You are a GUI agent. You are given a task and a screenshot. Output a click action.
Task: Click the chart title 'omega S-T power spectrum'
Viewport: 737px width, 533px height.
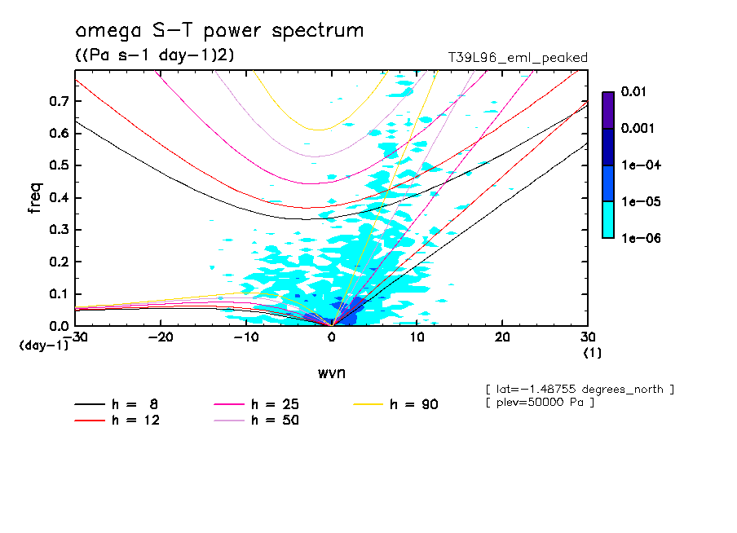218,31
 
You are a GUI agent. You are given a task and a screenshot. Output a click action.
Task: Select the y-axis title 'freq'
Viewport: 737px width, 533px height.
34,198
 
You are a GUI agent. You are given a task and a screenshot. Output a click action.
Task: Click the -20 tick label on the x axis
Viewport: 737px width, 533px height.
161,337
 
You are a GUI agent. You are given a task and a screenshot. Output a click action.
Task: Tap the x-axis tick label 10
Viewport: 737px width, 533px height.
417,337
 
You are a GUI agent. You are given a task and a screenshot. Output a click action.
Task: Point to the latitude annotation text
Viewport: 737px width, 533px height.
579,389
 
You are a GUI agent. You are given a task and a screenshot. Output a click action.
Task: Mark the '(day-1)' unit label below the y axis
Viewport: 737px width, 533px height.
44,346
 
